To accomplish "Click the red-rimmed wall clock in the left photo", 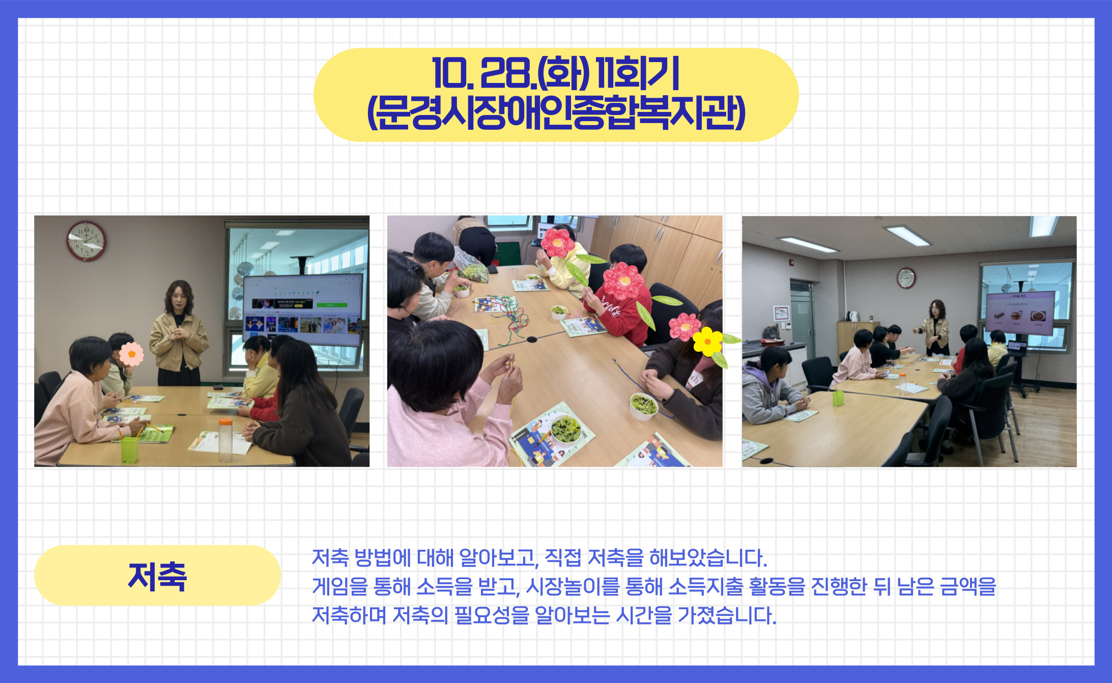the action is click(87, 240).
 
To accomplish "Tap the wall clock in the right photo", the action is click(906, 278).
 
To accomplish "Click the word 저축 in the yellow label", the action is click(157, 577).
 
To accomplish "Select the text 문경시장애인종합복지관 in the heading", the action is click(556, 112).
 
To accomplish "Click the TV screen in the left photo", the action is click(302, 309).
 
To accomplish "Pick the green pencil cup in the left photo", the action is click(129, 450).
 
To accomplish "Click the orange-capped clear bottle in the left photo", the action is click(225, 440).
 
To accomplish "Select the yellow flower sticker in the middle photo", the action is click(707, 342).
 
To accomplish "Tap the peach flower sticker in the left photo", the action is click(131, 354).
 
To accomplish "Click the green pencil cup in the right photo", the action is click(838, 397).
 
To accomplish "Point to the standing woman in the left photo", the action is click(178, 333).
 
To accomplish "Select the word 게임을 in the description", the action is click(340, 586).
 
